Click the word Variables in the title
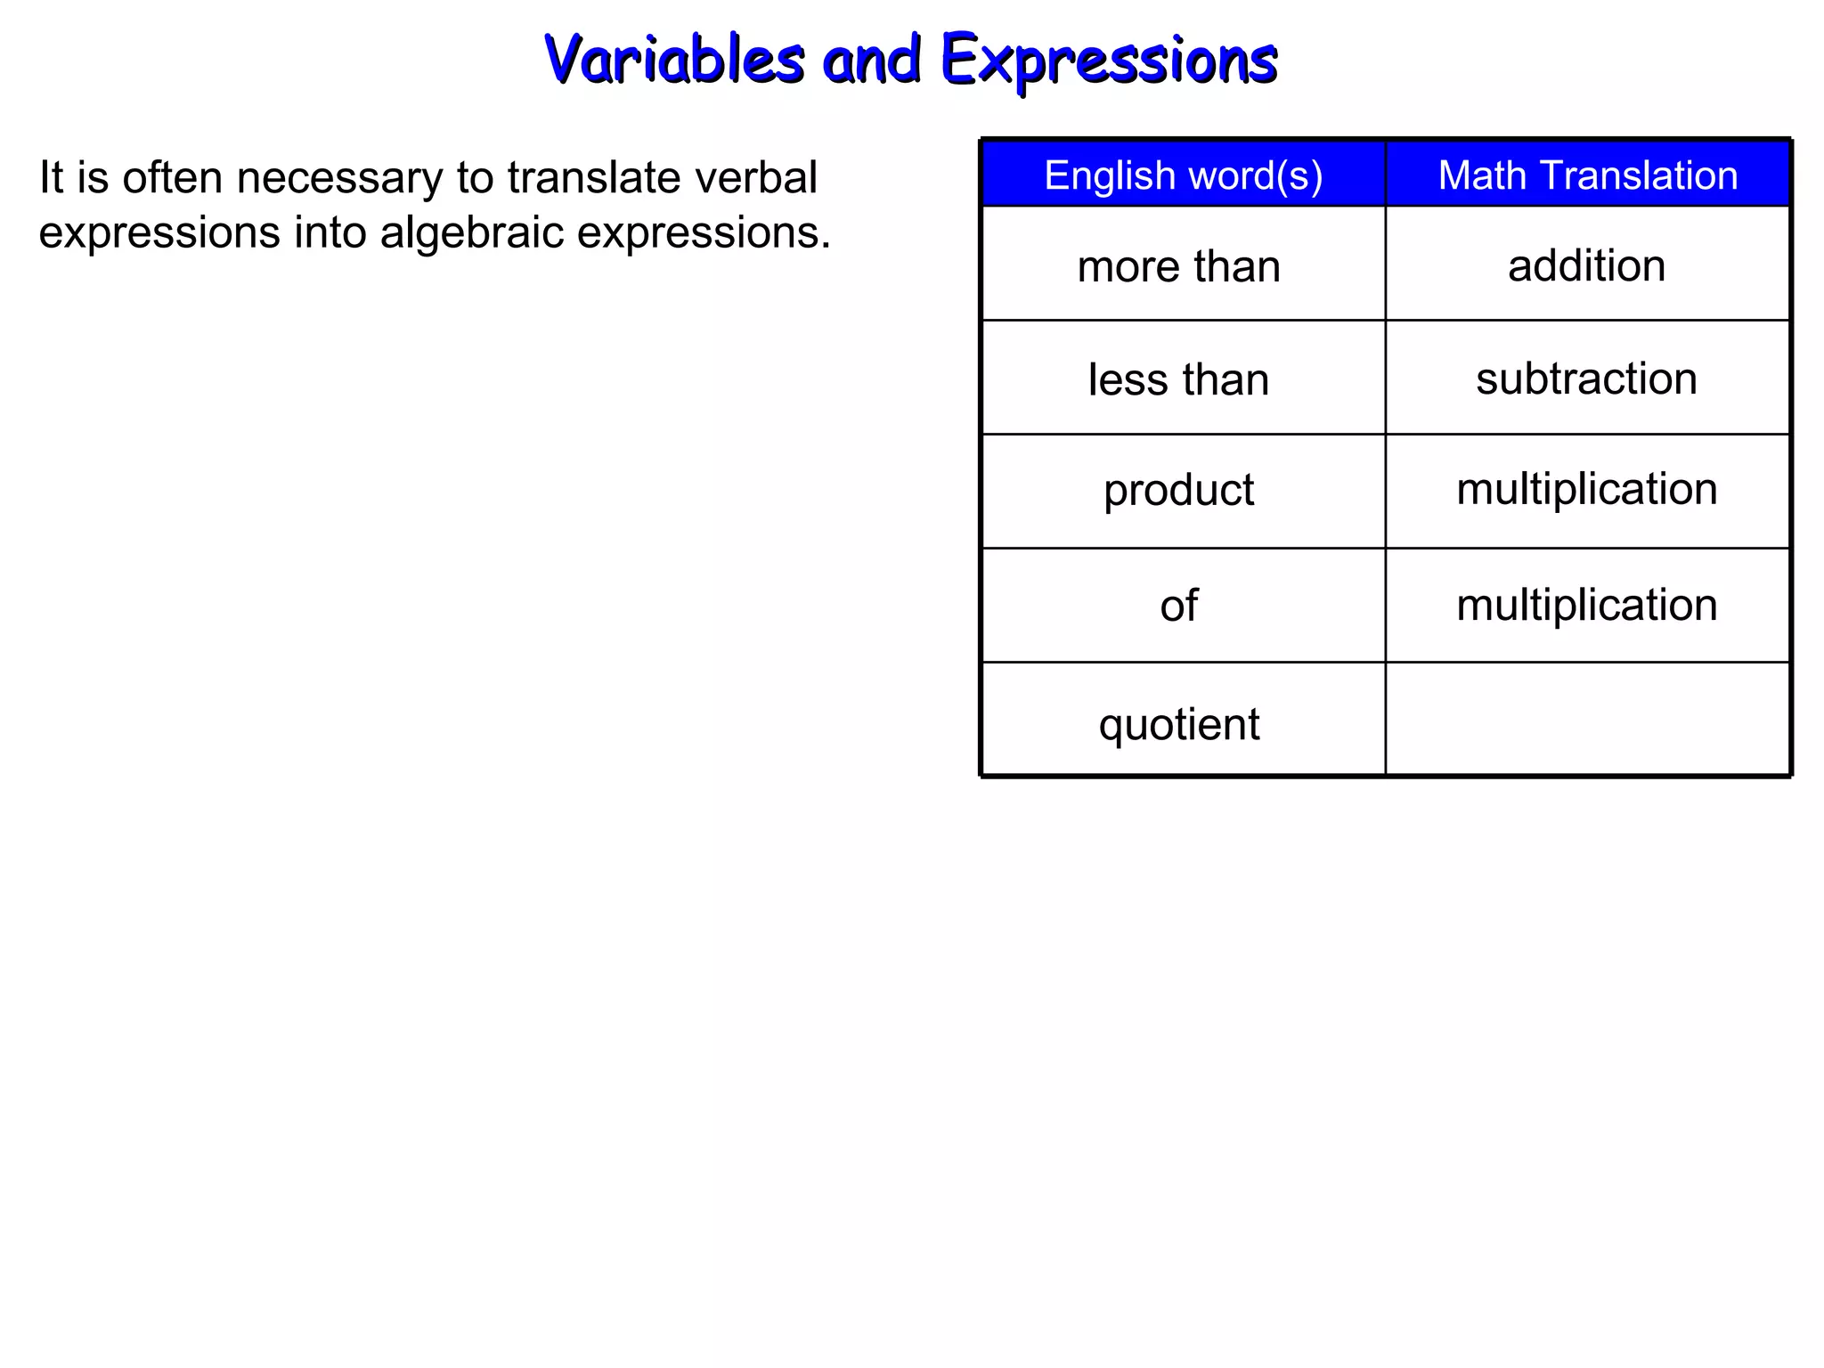[674, 61]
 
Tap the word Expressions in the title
[1109, 61]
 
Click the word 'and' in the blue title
[871, 61]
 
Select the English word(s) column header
[1183, 175]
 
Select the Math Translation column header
[1588, 175]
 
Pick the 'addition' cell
[1586, 265]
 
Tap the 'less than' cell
[1178, 379]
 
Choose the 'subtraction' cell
[1586, 379]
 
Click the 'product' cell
[1178, 490]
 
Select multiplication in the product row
[1586, 489]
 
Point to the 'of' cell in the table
[1178, 606]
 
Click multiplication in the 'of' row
[1586, 605]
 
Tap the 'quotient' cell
[1178, 724]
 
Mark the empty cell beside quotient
[1587, 720]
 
